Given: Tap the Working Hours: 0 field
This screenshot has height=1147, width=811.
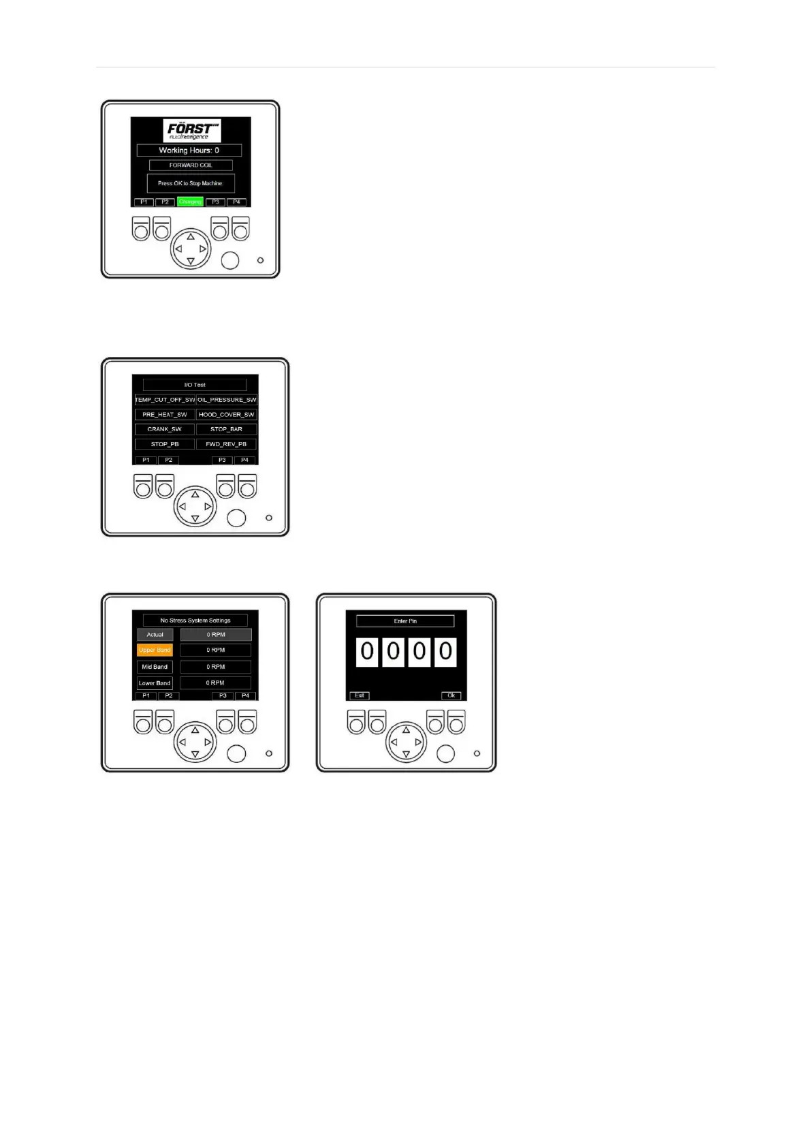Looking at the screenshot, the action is pyautogui.click(x=189, y=151).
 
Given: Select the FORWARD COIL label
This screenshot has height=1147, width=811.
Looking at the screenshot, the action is pyautogui.click(x=191, y=166).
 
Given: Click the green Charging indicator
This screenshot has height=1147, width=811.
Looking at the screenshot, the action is pyautogui.click(x=190, y=202).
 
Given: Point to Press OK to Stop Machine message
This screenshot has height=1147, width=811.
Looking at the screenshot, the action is pyautogui.click(x=191, y=183).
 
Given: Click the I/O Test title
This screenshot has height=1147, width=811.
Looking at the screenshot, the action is pyautogui.click(x=195, y=385).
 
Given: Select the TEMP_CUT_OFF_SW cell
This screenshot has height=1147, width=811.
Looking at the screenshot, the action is pyautogui.click(x=165, y=400).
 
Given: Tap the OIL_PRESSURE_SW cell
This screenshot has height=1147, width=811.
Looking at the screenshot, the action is pyautogui.click(x=227, y=400).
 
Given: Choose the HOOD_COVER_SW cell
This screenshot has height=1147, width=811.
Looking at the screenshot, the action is pyautogui.click(x=227, y=415).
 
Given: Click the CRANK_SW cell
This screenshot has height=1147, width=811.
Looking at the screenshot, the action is pyautogui.click(x=165, y=430).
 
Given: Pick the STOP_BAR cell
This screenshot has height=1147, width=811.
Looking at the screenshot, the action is pyautogui.click(x=227, y=430).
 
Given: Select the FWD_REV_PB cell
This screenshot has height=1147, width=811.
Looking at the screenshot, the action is pyautogui.click(x=227, y=444).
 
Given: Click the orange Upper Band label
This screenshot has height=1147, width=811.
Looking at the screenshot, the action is pyautogui.click(x=155, y=650).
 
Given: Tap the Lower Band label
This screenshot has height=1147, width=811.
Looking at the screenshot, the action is pyautogui.click(x=155, y=683).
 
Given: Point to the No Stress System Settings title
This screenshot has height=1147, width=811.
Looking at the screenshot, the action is pyautogui.click(x=195, y=620).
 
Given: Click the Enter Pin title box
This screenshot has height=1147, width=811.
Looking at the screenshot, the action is pyautogui.click(x=405, y=621).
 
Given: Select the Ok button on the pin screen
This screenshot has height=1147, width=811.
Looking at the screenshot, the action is pyautogui.click(x=451, y=695).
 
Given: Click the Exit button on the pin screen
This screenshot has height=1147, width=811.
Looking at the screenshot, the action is pyautogui.click(x=360, y=695).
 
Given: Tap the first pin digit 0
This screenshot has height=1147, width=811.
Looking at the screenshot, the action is pyautogui.click(x=367, y=652).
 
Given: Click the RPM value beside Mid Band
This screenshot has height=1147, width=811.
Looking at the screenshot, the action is pyautogui.click(x=216, y=667).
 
